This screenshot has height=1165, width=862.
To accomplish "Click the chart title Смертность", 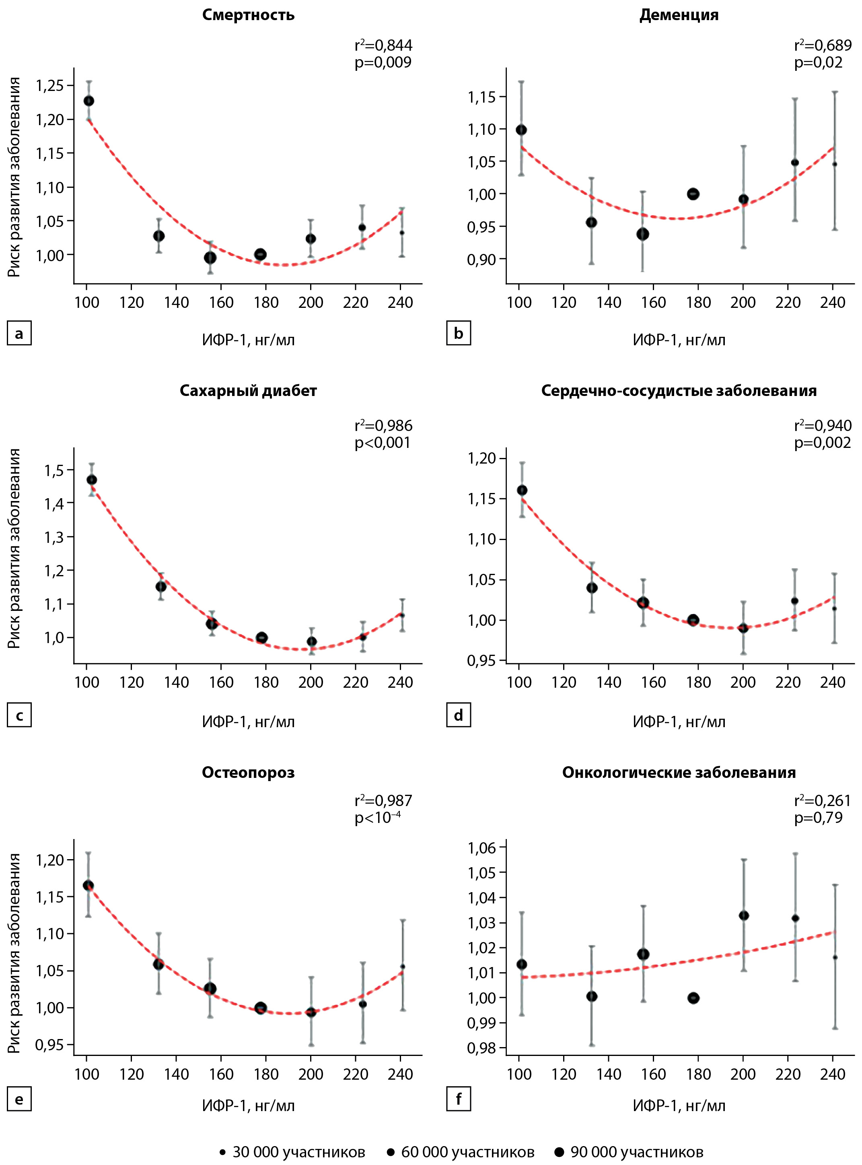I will (x=248, y=14).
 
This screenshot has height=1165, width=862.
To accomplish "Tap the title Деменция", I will (x=679, y=14).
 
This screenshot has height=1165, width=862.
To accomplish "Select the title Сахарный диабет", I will (x=248, y=390).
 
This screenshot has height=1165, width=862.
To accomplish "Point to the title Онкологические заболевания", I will (x=679, y=773).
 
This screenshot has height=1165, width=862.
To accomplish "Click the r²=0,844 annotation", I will (x=383, y=45).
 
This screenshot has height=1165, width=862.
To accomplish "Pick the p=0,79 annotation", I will (x=818, y=817).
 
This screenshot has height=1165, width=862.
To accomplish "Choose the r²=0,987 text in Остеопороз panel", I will (x=383, y=800).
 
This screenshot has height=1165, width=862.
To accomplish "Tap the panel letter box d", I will (x=459, y=715).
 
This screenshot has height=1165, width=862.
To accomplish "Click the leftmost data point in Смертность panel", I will (x=89, y=101).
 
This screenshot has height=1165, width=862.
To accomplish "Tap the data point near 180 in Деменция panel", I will (x=693, y=194).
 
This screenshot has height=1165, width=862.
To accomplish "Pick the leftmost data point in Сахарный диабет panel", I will (x=91, y=480).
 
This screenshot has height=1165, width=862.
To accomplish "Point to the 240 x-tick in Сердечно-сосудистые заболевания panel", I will (x=833, y=682).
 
